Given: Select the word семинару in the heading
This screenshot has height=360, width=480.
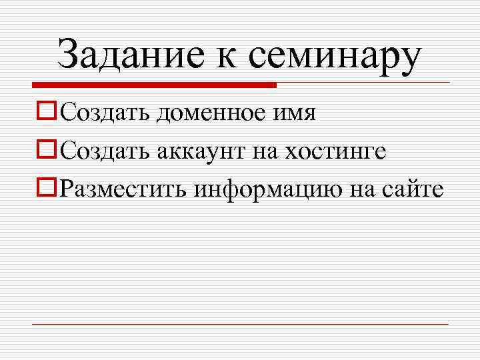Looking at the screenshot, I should coord(335,57).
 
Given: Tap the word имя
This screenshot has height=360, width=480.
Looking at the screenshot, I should coord(299,115).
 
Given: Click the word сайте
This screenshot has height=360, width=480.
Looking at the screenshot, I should coord(415,190).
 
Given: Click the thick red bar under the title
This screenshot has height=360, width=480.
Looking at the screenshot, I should coord(154,85).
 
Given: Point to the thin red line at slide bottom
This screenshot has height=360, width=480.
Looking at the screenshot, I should coord(240,325).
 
